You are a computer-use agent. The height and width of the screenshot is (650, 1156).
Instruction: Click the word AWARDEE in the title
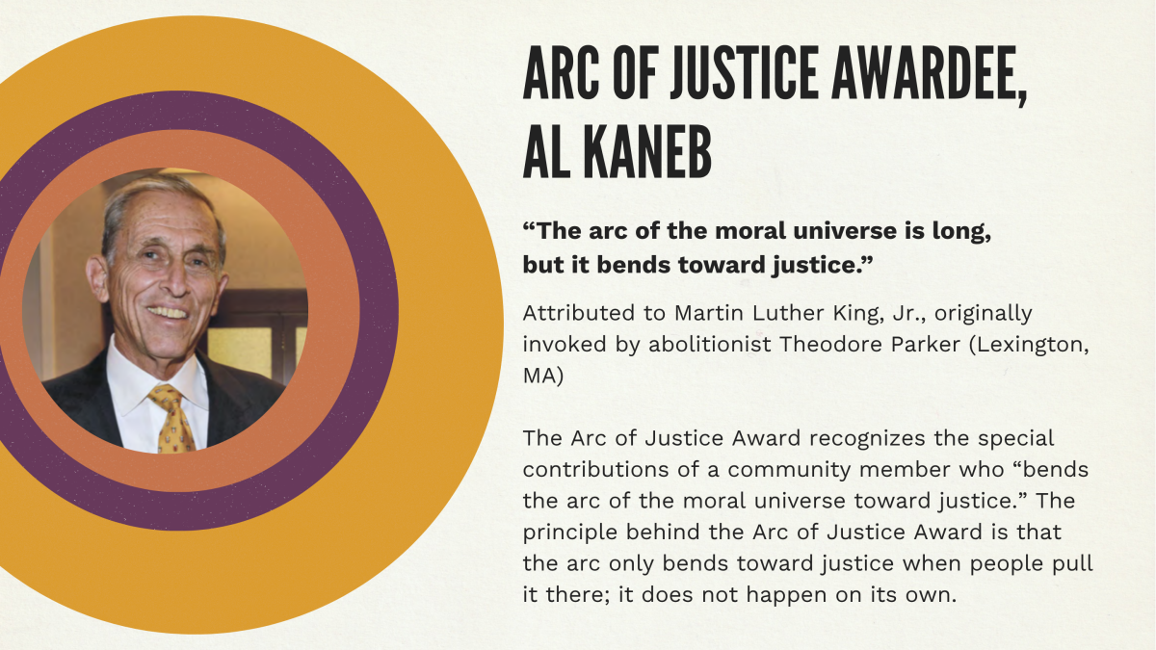[929, 73]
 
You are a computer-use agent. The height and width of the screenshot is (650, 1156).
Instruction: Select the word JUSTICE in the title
[744, 73]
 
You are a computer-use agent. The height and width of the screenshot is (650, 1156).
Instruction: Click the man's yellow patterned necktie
[171, 418]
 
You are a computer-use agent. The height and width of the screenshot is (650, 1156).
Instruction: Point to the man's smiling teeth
[168, 313]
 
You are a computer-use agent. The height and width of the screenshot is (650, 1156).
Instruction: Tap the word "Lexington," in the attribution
[1030, 345]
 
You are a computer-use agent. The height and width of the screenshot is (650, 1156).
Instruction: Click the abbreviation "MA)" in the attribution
[543, 377]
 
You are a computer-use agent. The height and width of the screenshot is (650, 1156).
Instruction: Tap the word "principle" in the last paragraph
[570, 533]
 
